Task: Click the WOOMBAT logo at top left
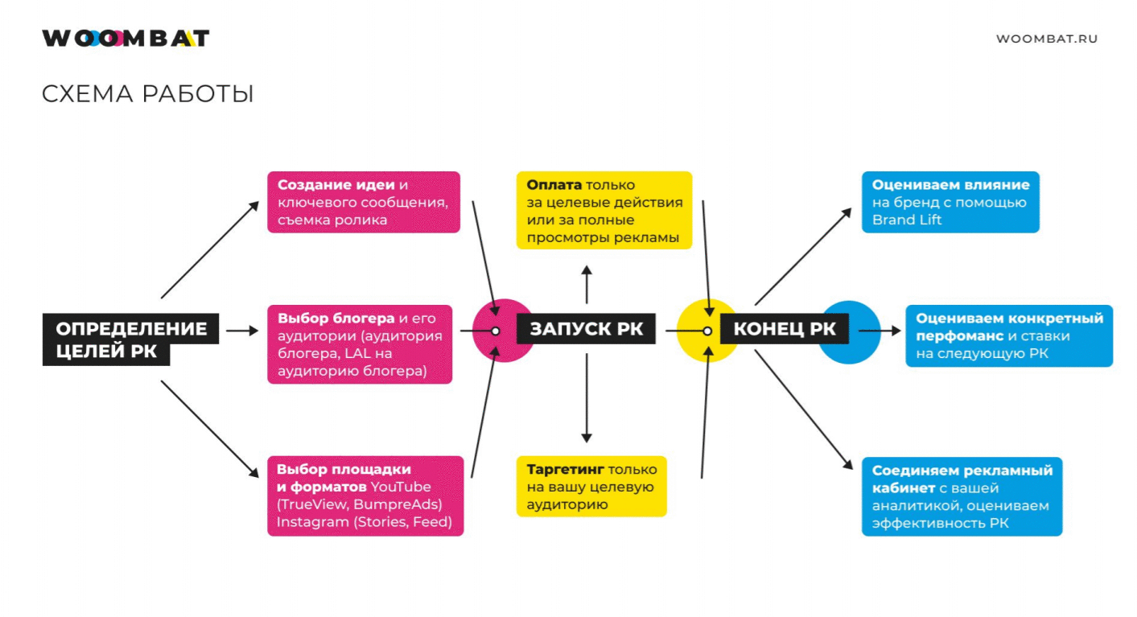tap(126, 38)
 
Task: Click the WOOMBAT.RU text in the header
tap(1046, 39)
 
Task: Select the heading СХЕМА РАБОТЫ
tap(147, 94)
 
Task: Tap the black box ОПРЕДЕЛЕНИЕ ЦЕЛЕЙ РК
tap(130, 339)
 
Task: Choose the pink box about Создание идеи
tap(363, 202)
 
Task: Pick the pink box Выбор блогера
tap(360, 343)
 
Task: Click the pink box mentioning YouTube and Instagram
tap(365, 496)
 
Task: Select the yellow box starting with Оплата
tap(604, 210)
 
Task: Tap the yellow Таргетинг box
tap(591, 487)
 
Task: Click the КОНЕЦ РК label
tap(785, 329)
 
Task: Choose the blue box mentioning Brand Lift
tap(950, 202)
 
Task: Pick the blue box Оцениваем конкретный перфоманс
tap(1009, 335)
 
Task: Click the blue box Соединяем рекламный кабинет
tap(962, 496)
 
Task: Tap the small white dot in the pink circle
tap(496, 331)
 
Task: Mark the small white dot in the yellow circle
tap(708, 331)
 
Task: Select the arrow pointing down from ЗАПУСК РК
tap(587, 398)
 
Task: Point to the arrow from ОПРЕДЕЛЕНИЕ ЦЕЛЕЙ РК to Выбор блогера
tap(242, 331)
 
